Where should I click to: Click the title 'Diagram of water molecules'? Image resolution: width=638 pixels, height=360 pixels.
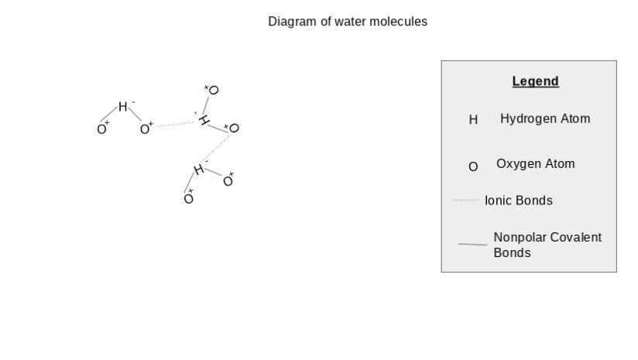tap(348, 22)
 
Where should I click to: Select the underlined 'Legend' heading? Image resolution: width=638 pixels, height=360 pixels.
tap(535, 81)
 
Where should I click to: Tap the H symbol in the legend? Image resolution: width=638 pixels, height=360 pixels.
tap(473, 120)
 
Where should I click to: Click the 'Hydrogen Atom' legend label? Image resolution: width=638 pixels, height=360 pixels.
tap(545, 118)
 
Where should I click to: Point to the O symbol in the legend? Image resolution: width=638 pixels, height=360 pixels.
tap(473, 166)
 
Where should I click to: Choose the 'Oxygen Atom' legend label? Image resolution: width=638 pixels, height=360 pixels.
tap(535, 164)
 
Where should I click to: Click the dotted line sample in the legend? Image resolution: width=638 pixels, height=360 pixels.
tap(465, 201)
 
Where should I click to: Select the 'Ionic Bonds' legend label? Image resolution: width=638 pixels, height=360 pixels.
tap(518, 201)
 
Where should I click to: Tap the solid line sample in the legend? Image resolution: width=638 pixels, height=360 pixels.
tap(472, 245)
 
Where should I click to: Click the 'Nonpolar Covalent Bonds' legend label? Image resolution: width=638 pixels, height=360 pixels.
tap(547, 245)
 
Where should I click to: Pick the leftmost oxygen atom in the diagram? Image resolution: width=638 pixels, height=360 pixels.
tap(101, 129)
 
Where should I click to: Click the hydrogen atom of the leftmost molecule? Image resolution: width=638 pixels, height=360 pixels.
tap(122, 107)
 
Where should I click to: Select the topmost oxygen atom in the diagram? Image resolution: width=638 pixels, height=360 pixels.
tap(214, 90)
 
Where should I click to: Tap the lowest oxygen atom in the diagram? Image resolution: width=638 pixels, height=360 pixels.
tap(188, 199)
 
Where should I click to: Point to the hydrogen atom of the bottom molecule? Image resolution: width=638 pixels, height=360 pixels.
tap(198, 170)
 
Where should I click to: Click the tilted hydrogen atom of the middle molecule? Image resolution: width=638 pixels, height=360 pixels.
tap(204, 121)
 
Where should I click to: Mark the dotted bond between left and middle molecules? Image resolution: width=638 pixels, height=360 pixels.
tap(176, 124)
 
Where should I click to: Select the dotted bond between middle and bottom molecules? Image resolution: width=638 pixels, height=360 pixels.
tap(218, 148)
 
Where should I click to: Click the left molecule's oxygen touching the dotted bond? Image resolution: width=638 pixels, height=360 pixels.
tap(145, 129)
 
